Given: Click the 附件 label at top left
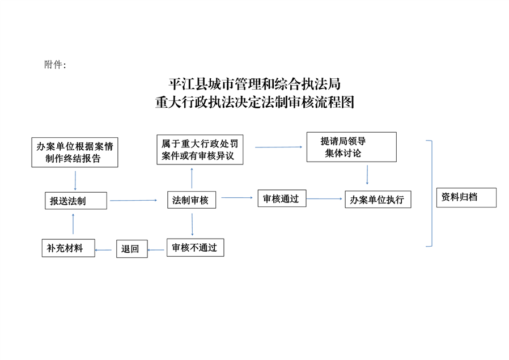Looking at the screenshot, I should point(54,65).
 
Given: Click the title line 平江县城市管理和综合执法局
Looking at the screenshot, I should point(255,85).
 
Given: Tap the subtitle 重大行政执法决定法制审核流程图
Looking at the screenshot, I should point(255,103).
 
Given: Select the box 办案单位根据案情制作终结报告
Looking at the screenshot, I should point(75,152).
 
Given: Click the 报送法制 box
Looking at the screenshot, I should point(76,201).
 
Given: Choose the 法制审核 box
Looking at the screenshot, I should point(192,200).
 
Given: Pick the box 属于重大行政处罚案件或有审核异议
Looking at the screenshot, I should point(200,149).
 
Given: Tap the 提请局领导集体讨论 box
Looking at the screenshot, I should point(351,147).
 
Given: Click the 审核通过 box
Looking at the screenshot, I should point(281,199).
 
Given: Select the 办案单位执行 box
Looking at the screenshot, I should point(377,200).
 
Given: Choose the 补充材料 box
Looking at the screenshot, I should point(68,248).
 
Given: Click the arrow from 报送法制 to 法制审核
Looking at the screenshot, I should point(134,200).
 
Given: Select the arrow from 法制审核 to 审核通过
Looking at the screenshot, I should point(236,198).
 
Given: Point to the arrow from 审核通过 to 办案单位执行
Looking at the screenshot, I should point(325,199).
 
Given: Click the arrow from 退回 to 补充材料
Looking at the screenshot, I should point(105,249).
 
